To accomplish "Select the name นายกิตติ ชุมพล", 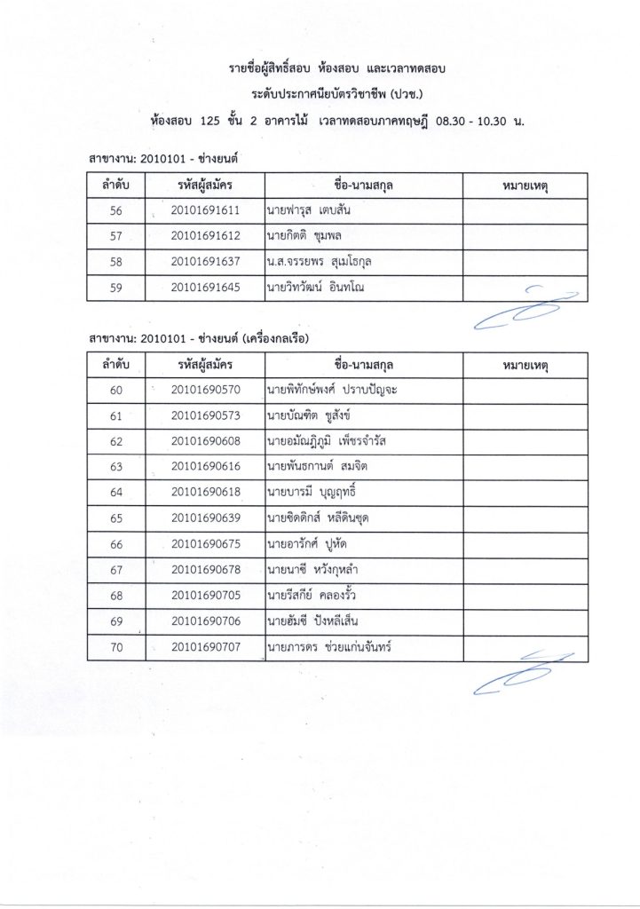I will (x=304, y=237).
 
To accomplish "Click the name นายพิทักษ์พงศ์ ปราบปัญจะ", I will (x=331, y=391).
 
